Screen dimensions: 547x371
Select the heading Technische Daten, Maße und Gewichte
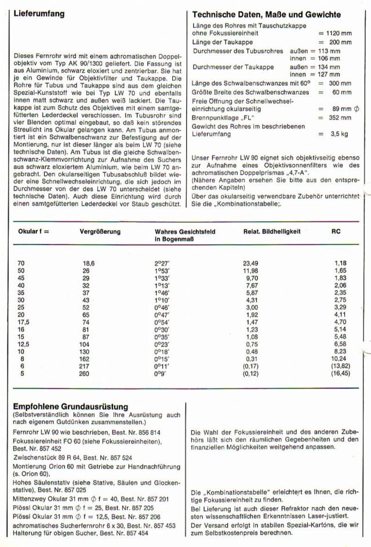(266, 14)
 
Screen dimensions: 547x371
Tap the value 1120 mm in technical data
(339, 33)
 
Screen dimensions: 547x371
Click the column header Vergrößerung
(100, 231)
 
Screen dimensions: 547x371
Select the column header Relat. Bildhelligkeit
(272, 231)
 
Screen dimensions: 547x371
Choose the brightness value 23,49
(250, 263)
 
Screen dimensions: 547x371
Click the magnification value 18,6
(89, 263)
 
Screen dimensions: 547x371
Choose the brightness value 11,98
(250, 271)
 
